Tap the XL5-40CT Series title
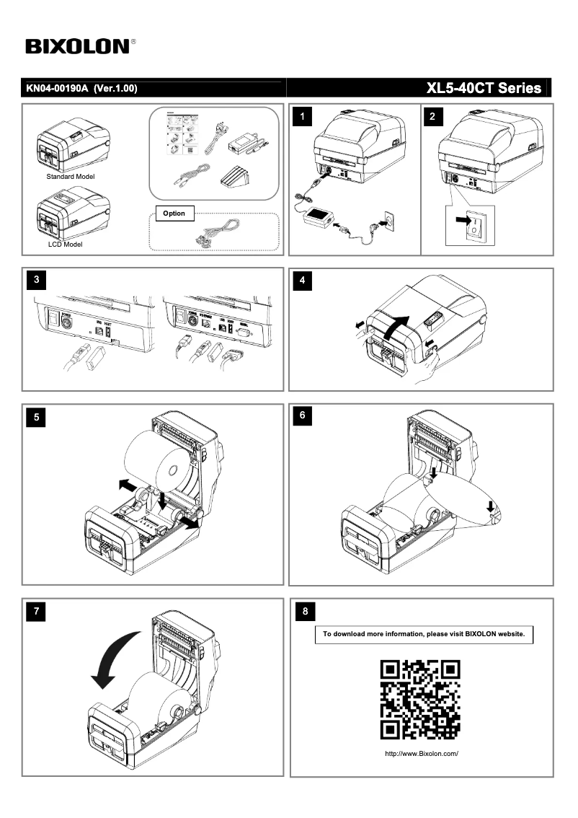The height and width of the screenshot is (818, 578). tap(483, 88)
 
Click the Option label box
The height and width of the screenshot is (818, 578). tap(174, 214)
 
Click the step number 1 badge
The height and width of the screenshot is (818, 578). tap(306, 116)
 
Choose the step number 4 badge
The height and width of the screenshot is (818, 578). tap(306, 280)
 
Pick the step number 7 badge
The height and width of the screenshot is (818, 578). tap(37, 612)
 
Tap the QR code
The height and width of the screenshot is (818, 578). tap(420, 700)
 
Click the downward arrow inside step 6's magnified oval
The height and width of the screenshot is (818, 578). tap(491, 505)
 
